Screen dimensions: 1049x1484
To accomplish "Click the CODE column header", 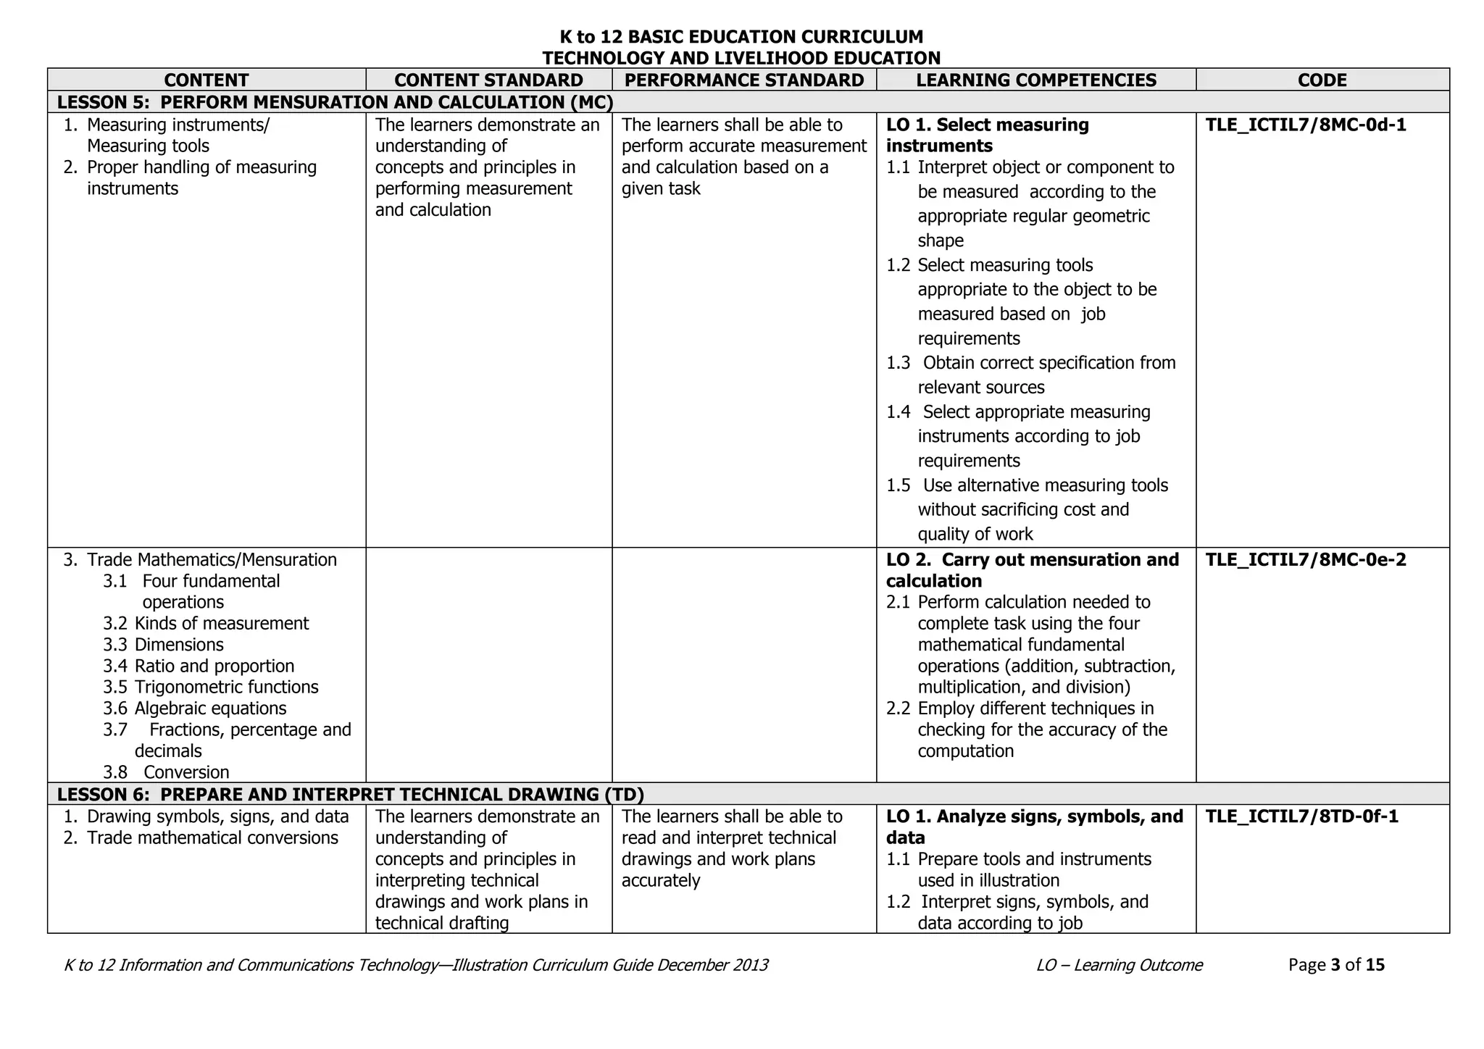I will click(x=1322, y=80).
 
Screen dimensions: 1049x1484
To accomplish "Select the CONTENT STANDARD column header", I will click(x=488, y=80).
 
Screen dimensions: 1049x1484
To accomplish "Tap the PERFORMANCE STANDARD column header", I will click(x=744, y=80).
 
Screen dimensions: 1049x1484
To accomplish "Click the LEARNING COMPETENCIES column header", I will click(x=1036, y=80).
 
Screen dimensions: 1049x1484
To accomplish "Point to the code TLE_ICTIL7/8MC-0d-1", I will click(x=1306, y=125).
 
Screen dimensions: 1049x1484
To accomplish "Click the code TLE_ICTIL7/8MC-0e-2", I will click(x=1306, y=560).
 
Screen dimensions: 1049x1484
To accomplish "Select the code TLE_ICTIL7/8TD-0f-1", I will click(x=1302, y=817).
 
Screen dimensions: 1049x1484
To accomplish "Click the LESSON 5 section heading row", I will click(x=335, y=102).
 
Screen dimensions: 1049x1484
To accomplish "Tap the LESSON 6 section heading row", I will click(x=351, y=795).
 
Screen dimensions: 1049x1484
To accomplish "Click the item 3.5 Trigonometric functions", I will click(x=211, y=688).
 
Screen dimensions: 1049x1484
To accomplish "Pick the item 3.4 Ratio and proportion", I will click(x=199, y=666).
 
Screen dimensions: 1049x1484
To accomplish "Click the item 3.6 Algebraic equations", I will click(x=195, y=709).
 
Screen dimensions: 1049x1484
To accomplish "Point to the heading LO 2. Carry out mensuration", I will click(x=1032, y=560).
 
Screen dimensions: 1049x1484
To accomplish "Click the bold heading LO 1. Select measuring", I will click(x=987, y=125).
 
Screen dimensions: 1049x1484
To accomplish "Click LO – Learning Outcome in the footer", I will click(x=1119, y=965).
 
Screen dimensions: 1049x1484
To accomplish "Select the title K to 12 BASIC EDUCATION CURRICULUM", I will click(x=741, y=36).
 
